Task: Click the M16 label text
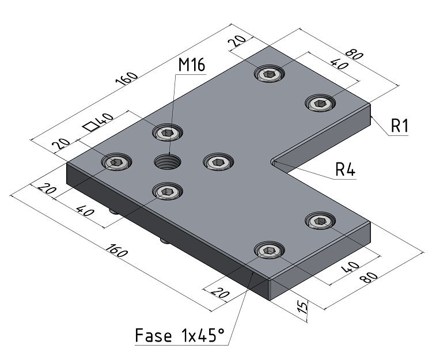(x=191, y=65)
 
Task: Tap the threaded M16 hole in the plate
(x=167, y=162)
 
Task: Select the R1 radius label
(x=399, y=125)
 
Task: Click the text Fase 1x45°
(x=179, y=335)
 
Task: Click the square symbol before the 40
(x=90, y=126)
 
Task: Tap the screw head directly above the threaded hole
(x=166, y=132)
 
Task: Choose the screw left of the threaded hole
(x=116, y=162)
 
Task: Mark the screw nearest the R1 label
(x=319, y=103)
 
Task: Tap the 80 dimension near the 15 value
(x=370, y=276)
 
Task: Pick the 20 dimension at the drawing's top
(x=238, y=42)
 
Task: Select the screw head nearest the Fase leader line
(x=269, y=250)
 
